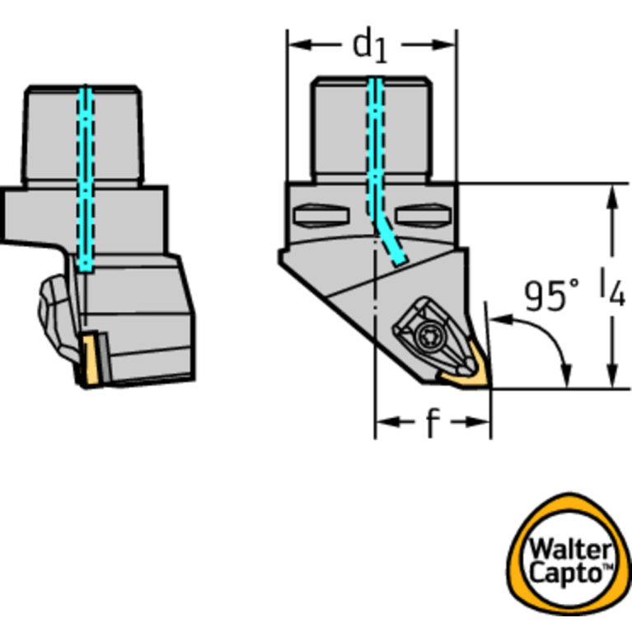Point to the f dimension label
tap(432, 424)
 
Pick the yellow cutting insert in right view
tap(466, 377)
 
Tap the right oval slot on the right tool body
tap(421, 216)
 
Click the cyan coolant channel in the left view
tap(85, 177)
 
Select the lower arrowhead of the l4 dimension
tap(612, 380)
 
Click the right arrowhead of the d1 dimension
tap(447, 43)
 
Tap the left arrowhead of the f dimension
tap(384, 422)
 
